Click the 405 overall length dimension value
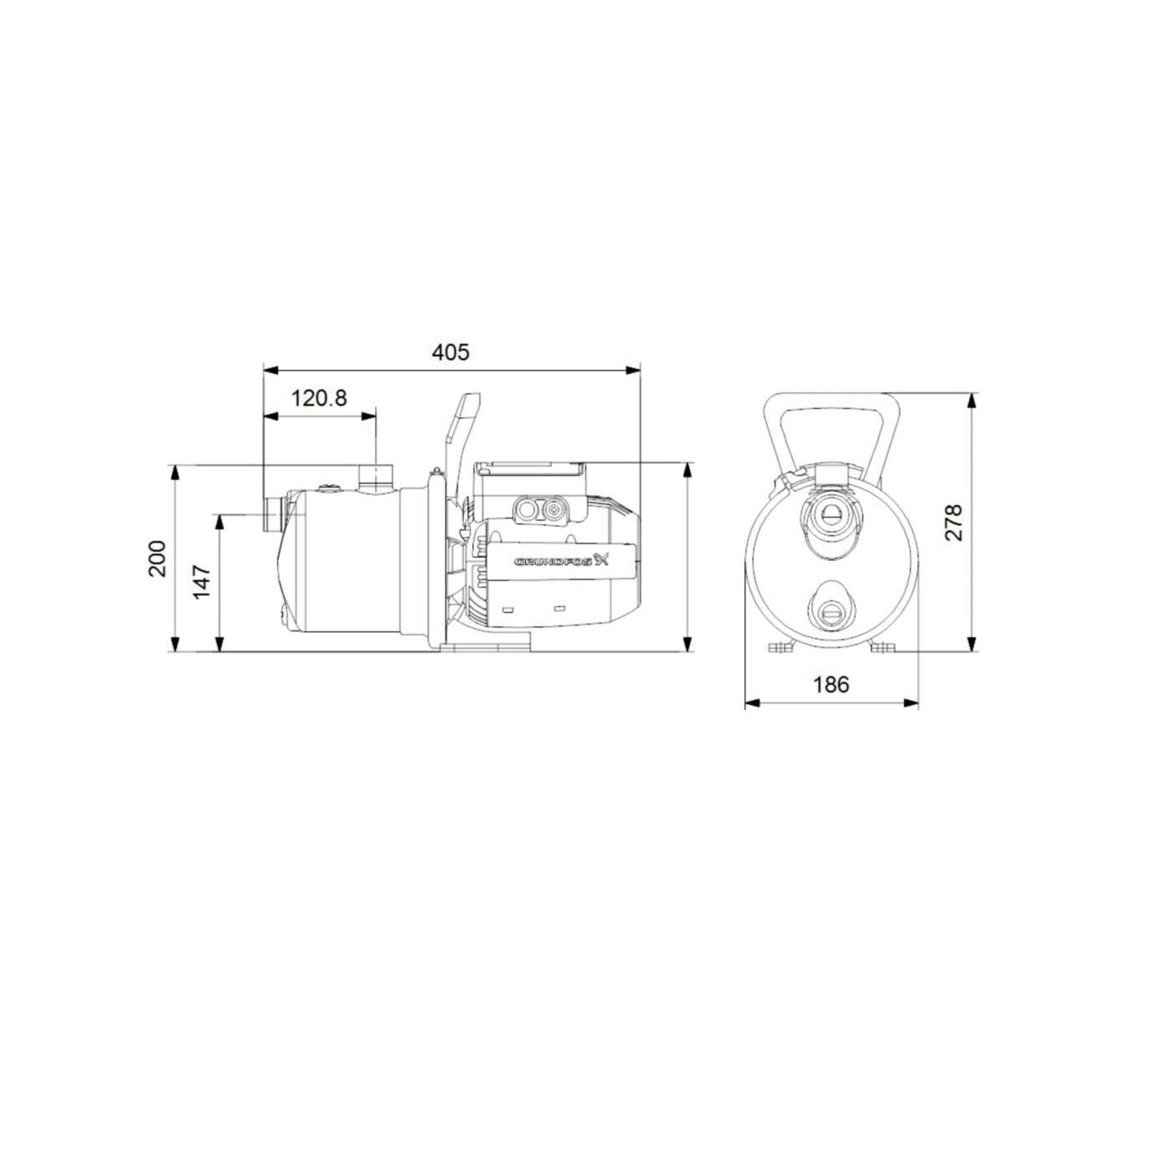(450, 353)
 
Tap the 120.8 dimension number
(319, 398)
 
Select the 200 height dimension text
(157, 558)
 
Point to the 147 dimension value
(203, 581)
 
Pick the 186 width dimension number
(831, 685)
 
